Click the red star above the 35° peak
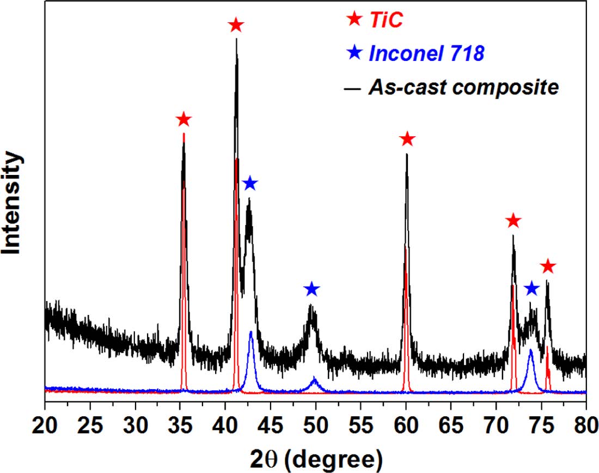[184, 119]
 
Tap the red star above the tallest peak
[236, 25]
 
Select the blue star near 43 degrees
[249, 184]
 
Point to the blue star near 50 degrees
[311, 289]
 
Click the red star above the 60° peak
[407, 140]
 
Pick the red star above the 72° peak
[513, 221]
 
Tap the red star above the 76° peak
[548, 266]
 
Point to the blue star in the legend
[354, 53]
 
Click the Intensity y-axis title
[12, 203]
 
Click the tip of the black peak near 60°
[407, 155]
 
